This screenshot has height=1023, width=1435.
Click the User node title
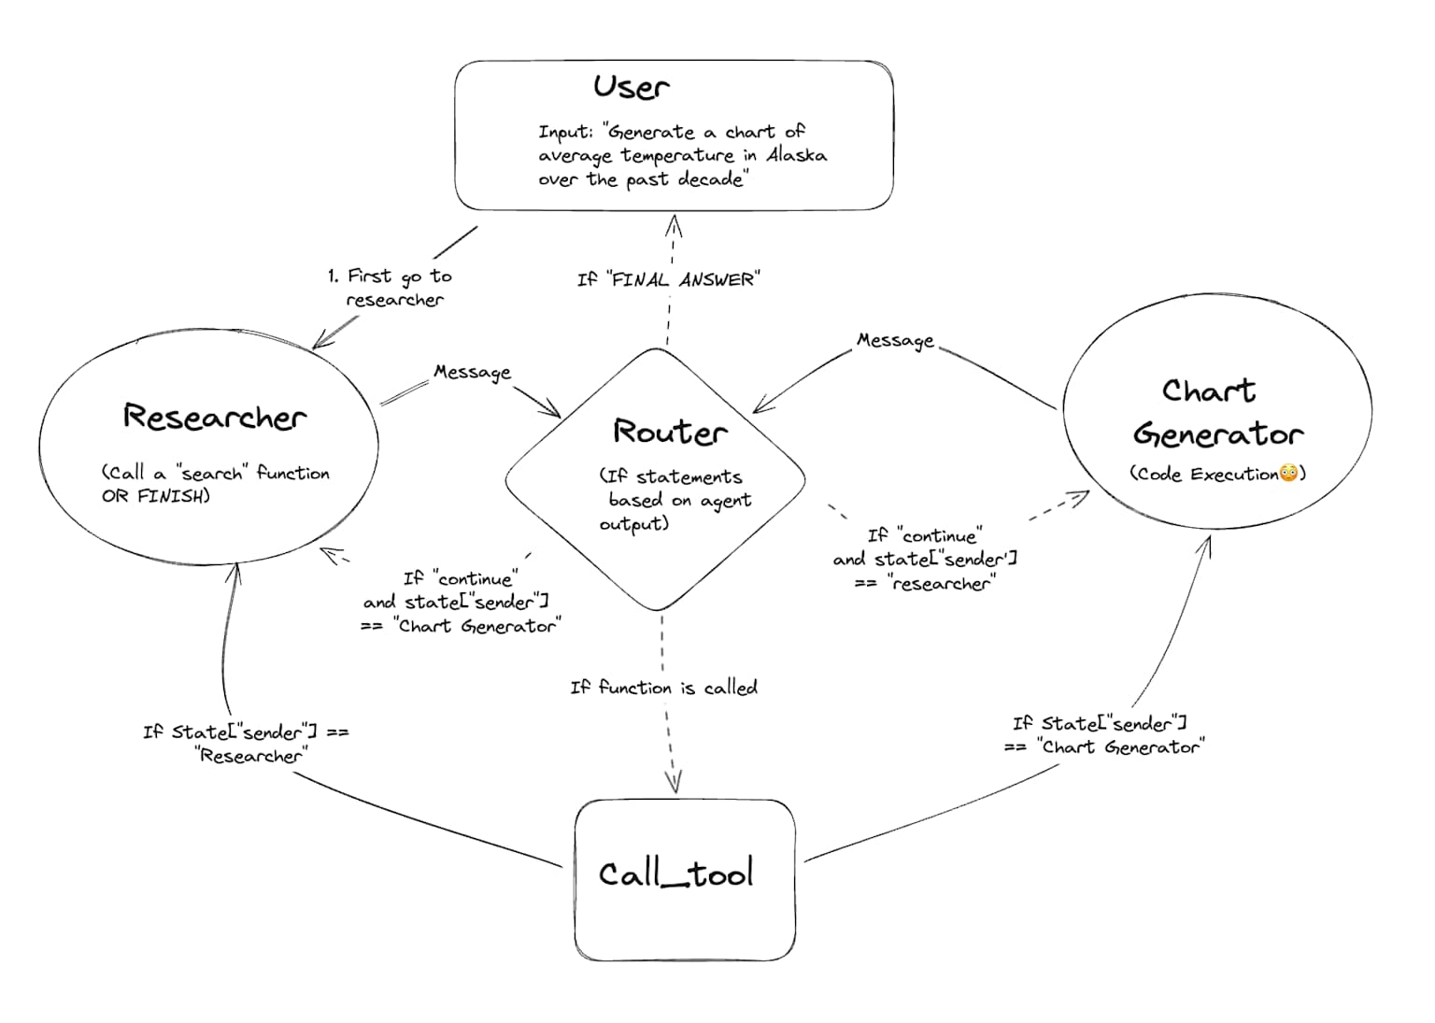(632, 87)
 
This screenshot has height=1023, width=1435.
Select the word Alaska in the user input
(796, 155)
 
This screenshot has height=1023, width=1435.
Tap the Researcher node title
(214, 417)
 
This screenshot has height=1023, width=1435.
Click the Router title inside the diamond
(669, 432)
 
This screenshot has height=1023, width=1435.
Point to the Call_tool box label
(675, 874)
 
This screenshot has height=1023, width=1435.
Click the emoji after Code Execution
(1288, 474)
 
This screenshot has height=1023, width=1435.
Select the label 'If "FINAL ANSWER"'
(668, 279)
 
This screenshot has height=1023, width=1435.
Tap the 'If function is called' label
(663, 688)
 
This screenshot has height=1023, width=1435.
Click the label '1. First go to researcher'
(391, 288)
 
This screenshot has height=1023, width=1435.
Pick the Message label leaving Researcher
(472, 372)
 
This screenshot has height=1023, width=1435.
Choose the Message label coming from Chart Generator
(895, 340)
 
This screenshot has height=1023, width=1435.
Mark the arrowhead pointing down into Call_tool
(674, 781)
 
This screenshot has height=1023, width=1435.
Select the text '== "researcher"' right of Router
(925, 584)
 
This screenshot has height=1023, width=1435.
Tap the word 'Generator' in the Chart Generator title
(1218, 434)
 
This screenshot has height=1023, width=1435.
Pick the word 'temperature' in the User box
(677, 155)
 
